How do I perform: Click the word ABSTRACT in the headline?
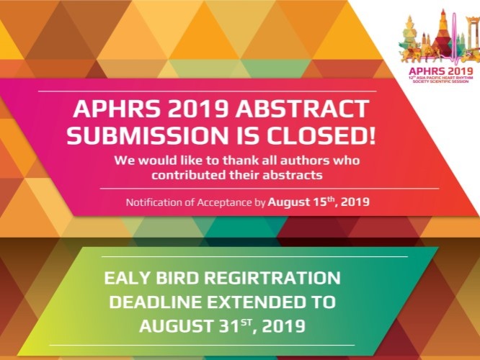pyautogui.click(x=301, y=109)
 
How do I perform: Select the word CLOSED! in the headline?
pyautogui.click(x=321, y=135)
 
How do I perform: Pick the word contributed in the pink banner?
pyautogui.click(x=189, y=175)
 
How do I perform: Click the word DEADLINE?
pyautogui.click(x=156, y=302)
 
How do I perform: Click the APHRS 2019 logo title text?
pyautogui.click(x=441, y=71)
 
